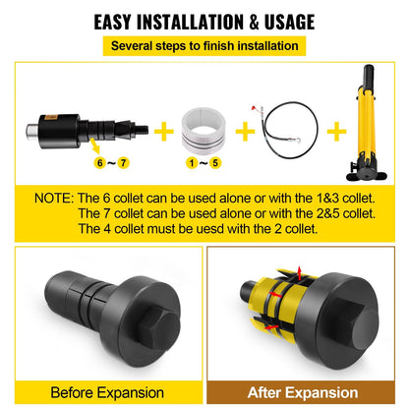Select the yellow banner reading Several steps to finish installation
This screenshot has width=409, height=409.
(204, 45)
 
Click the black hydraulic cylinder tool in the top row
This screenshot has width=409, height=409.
(79, 129)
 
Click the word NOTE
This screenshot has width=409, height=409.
(53, 198)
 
